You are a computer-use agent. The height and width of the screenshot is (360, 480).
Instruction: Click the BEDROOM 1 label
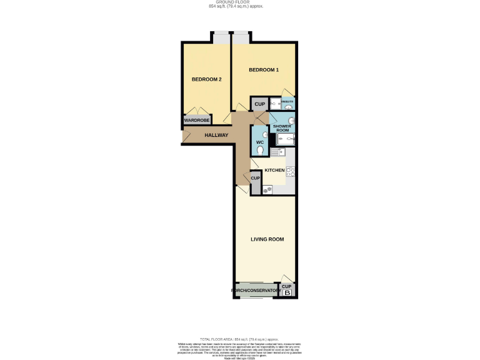pos(264,69)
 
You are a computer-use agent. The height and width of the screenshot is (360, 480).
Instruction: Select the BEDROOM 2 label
pos(206,79)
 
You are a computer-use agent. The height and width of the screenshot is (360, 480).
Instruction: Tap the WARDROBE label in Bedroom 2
pos(196,120)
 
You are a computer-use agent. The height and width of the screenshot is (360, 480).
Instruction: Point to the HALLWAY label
pos(216,135)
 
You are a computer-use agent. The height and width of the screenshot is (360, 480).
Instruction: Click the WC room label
pos(260,142)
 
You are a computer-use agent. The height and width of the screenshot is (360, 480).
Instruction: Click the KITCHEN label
pos(274,170)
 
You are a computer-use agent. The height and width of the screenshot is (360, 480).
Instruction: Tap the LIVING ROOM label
pos(267,239)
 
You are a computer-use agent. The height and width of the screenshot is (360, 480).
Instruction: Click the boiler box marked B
pos(287,292)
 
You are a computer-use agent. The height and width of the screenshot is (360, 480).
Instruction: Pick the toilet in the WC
pos(261,151)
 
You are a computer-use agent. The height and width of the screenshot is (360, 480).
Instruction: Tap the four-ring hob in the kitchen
pos(291,170)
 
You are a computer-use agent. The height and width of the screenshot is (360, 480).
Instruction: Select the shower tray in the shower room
pos(285,139)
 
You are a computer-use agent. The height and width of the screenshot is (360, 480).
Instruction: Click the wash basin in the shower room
pos(291,121)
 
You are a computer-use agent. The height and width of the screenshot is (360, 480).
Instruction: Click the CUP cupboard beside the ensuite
pos(259,104)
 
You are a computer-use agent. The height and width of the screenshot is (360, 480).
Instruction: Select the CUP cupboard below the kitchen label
pos(255,179)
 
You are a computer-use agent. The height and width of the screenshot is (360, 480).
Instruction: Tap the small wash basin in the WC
pos(265,134)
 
